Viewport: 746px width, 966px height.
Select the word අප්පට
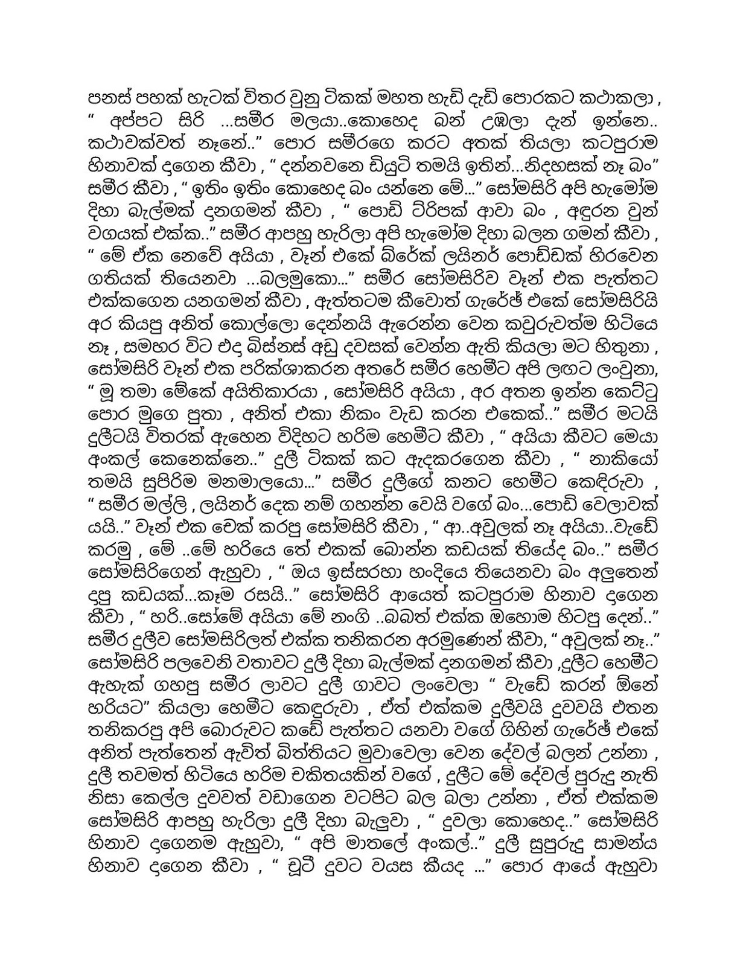tap(132, 123)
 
